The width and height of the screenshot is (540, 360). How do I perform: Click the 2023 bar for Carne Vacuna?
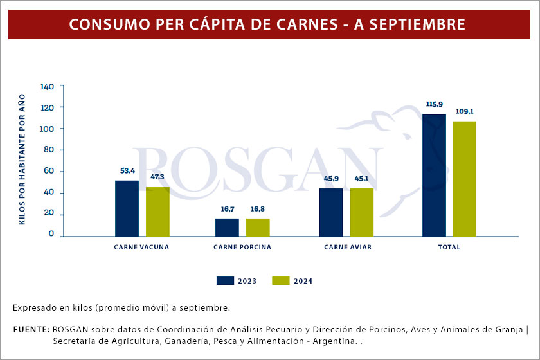(127, 208)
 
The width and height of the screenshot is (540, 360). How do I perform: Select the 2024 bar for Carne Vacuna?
(157, 212)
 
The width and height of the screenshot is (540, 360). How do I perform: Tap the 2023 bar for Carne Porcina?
(227, 228)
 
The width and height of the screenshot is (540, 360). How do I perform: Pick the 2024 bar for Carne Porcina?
(258, 228)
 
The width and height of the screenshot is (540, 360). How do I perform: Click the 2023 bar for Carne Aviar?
(331, 212)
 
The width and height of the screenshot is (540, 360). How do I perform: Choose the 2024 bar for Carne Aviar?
(361, 212)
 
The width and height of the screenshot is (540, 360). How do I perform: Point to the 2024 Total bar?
(465, 178)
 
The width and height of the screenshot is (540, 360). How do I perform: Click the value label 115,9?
(434, 104)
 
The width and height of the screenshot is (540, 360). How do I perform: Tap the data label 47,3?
(158, 176)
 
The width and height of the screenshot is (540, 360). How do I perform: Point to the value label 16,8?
(258, 209)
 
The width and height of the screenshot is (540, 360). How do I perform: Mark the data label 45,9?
(330, 178)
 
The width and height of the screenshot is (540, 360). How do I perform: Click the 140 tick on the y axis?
(48, 86)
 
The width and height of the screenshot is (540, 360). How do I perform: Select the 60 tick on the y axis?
(50, 172)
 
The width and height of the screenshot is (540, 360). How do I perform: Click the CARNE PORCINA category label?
(242, 247)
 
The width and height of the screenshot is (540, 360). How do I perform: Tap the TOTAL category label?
(449, 247)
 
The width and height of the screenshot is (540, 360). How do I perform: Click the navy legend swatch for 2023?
(225, 280)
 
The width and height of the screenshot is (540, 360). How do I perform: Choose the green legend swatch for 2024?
(281, 280)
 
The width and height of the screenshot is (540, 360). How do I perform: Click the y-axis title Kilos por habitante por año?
(22, 159)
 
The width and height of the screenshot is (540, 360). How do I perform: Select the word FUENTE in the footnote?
(31, 330)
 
